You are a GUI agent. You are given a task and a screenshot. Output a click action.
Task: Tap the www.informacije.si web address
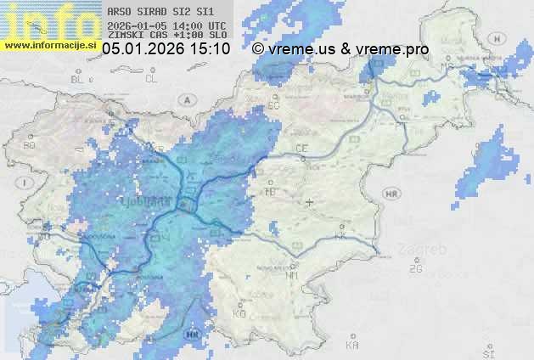point(50,43)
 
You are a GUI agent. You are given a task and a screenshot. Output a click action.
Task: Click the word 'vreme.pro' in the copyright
point(392,49)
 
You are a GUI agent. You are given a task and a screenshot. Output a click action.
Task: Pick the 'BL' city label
point(79,79)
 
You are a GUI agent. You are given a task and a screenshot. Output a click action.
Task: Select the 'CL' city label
point(151,78)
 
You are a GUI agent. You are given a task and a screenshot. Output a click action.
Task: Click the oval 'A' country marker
point(185,98)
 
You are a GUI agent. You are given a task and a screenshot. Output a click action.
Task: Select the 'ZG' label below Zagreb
point(415,269)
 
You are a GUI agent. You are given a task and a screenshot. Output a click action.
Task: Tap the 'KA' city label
point(352,345)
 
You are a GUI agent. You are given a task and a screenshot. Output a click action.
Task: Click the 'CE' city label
point(301,149)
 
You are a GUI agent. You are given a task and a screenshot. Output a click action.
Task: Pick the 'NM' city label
point(292,276)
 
